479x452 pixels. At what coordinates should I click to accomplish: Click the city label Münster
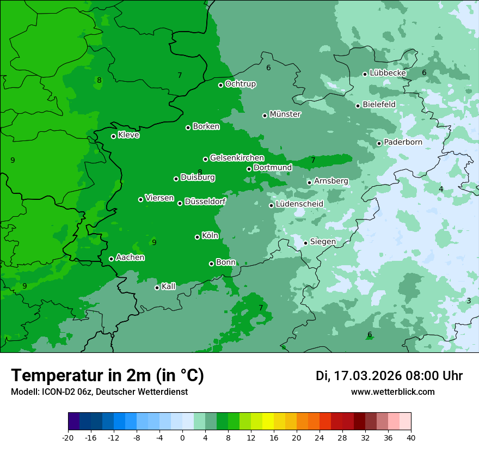(x=285, y=114)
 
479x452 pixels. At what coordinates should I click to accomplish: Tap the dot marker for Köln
(x=197, y=237)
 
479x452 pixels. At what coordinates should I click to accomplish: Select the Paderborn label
(x=403, y=142)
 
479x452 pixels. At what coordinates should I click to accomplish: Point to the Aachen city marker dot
(x=111, y=259)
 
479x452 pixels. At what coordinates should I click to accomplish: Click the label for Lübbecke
(x=388, y=73)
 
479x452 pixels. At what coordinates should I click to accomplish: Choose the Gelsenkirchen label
(x=237, y=158)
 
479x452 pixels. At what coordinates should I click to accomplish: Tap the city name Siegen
(x=323, y=242)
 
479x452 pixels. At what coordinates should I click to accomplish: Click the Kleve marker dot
(x=113, y=136)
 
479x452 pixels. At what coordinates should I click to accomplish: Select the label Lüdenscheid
(x=299, y=204)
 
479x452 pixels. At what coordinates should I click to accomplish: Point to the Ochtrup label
(x=240, y=84)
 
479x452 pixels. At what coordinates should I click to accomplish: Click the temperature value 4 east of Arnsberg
(x=441, y=189)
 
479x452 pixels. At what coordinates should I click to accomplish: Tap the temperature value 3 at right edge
(x=469, y=301)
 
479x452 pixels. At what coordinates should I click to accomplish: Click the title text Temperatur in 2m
(x=108, y=375)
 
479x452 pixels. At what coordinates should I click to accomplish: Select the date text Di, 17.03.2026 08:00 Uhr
(x=389, y=376)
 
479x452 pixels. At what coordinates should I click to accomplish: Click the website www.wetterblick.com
(x=392, y=392)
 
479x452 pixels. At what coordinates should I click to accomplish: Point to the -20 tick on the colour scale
(x=68, y=438)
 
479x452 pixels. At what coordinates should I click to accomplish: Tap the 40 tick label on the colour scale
(x=411, y=438)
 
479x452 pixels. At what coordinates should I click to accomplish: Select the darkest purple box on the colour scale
(x=73, y=422)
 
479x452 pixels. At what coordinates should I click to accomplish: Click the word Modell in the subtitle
(x=24, y=392)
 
